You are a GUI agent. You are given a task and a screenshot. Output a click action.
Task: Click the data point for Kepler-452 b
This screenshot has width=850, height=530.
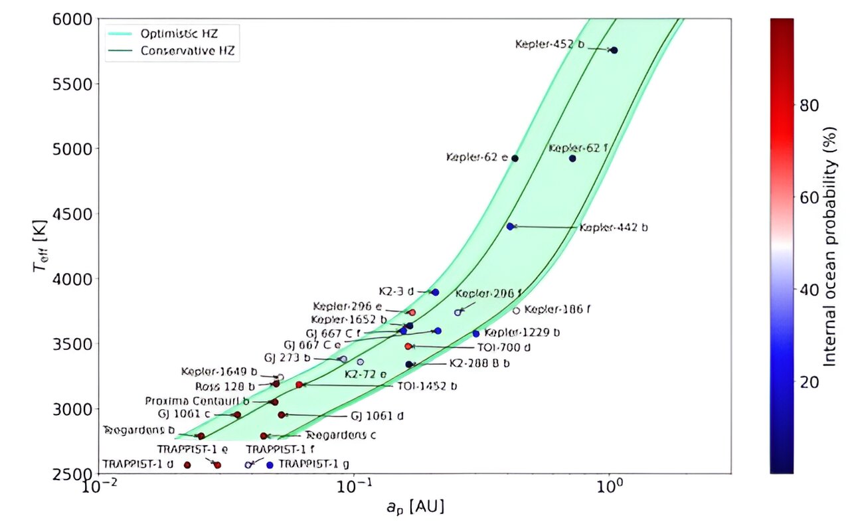614,50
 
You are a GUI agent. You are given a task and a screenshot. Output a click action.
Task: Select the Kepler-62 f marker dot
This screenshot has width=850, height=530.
572,158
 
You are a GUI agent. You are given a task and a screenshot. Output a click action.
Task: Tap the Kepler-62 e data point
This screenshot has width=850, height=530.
515,158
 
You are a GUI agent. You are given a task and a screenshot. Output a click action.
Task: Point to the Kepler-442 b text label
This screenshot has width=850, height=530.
614,227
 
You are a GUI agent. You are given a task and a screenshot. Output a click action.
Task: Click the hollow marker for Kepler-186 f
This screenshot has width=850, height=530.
516,311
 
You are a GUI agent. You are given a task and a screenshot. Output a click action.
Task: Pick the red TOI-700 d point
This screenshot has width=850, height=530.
408,346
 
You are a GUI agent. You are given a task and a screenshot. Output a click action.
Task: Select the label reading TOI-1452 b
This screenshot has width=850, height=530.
427,385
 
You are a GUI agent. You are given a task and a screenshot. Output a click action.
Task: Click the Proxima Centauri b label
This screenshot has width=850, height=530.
198,401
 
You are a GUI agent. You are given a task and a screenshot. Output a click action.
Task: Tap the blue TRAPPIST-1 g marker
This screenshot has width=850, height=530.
270,465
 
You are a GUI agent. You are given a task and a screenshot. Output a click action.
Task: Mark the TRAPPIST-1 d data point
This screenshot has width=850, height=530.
187,465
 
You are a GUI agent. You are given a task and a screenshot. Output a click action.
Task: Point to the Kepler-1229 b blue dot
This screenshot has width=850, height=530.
475,333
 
